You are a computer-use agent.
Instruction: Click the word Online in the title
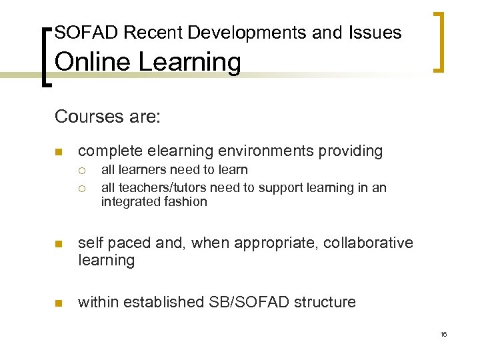[x=87, y=63]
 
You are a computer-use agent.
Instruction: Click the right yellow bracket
[x=438, y=41]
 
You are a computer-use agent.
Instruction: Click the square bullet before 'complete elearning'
[x=59, y=152]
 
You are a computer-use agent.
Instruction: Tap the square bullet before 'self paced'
[x=59, y=245]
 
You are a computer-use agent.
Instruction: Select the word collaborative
[x=368, y=243]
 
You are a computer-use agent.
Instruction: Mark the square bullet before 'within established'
[x=59, y=303]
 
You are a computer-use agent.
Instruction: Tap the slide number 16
[x=443, y=334]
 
